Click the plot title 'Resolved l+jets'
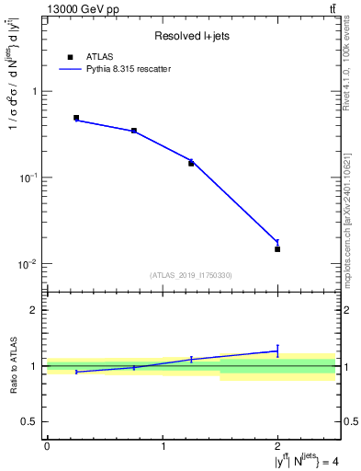point(191,36)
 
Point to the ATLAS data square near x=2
point(277,249)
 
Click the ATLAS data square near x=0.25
point(76,118)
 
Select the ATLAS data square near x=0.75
point(134,131)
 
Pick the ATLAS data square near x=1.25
point(191,163)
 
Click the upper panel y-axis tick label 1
point(34,92)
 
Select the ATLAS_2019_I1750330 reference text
point(191,275)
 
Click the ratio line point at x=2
point(277,350)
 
